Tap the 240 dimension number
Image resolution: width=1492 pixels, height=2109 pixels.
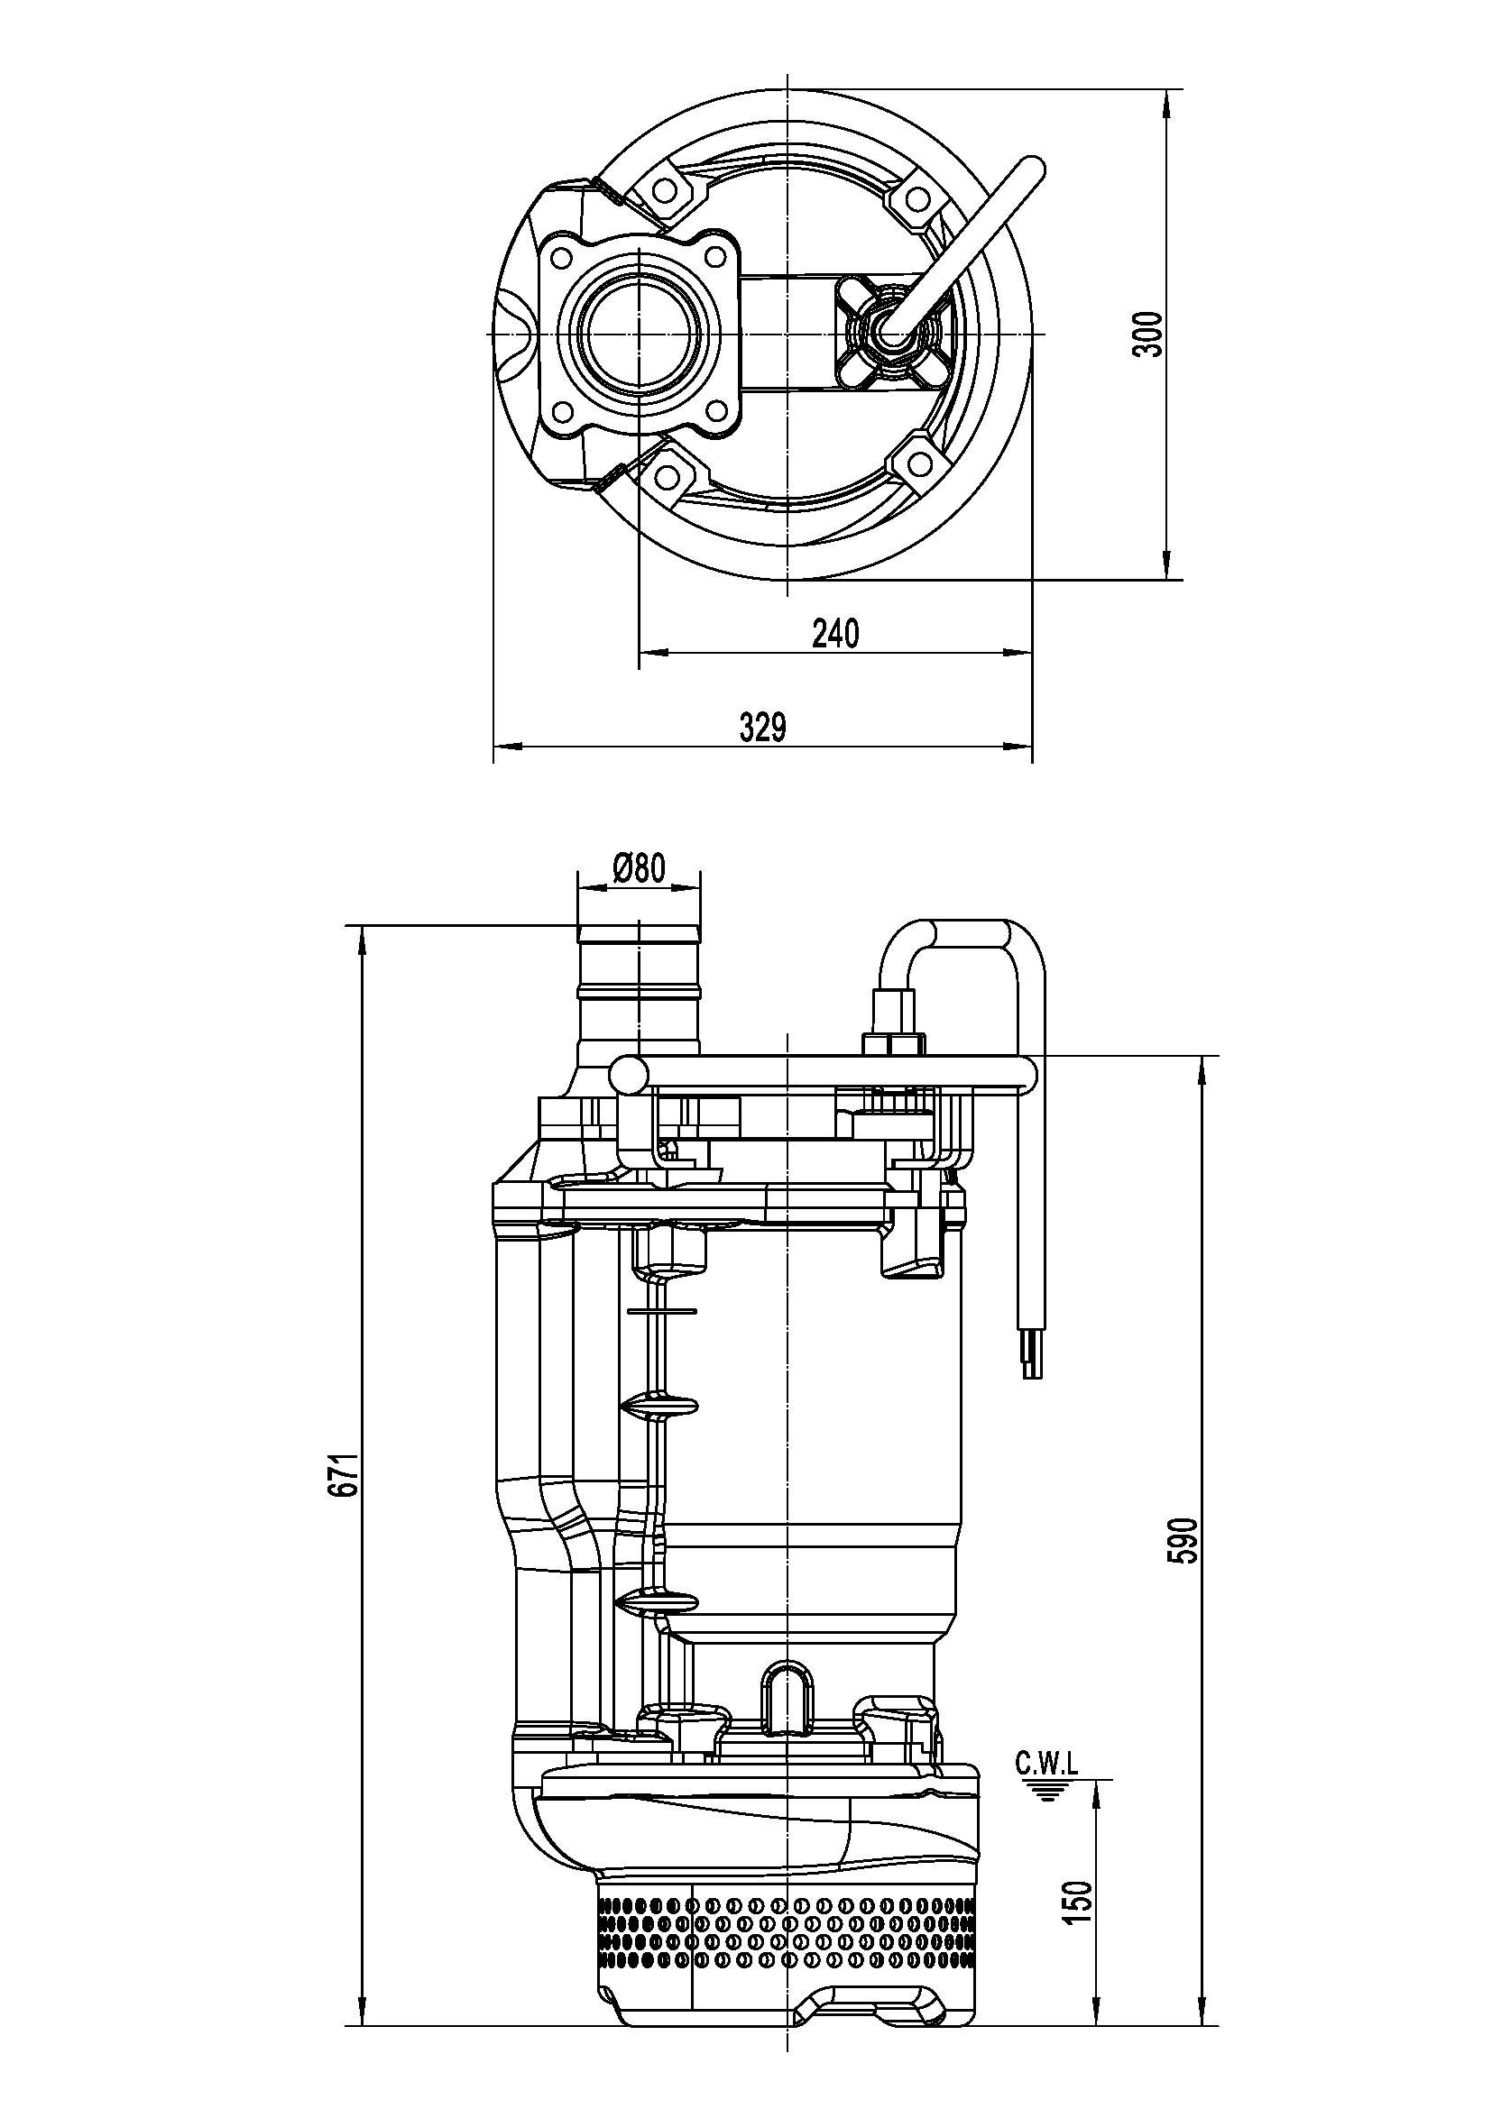[x=836, y=634]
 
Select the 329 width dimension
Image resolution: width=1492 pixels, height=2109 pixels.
[x=763, y=728]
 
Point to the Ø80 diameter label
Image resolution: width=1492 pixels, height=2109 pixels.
[x=638, y=867]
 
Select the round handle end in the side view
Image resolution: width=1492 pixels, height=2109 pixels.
[x=630, y=1074]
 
